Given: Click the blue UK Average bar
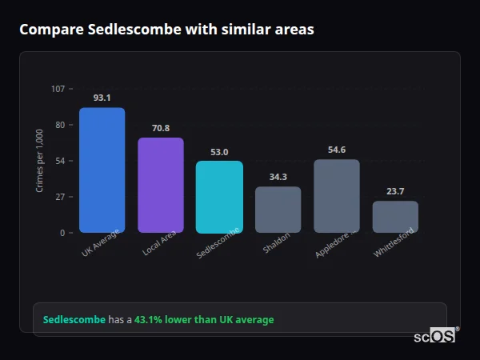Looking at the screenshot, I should (x=102, y=170).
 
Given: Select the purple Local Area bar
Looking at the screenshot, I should (x=161, y=185).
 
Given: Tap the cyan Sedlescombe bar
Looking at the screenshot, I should (x=219, y=197).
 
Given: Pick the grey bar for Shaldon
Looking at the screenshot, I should (x=278, y=210).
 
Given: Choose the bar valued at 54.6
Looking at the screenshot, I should (x=337, y=196).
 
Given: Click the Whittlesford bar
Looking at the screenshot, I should (x=395, y=217).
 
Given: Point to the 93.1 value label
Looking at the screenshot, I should (x=102, y=98).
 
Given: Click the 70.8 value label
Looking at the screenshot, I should (x=161, y=128).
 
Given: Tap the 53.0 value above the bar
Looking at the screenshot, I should (x=219, y=152).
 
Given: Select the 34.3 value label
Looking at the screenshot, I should (x=278, y=177).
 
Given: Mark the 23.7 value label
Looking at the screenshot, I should (x=395, y=191).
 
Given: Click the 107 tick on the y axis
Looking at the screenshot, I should (x=58, y=89).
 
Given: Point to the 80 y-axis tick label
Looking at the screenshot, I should (x=60, y=125).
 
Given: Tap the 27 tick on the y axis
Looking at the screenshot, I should (x=60, y=197).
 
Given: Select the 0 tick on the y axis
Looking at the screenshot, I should (x=62, y=233).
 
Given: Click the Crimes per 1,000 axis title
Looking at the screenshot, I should (x=40, y=161).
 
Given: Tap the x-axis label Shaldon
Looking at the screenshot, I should (x=277, y=243).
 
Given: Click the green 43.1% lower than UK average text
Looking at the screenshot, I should (x=204, y=320).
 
